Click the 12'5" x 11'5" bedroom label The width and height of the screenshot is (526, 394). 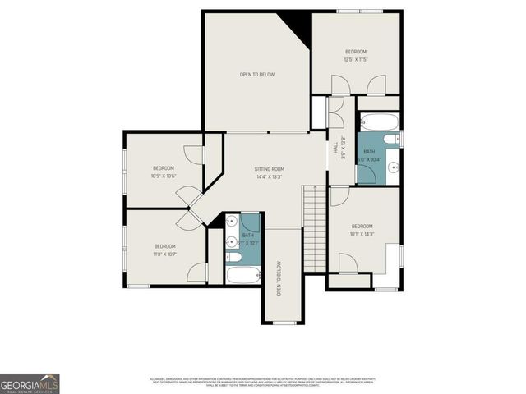pos(355,55)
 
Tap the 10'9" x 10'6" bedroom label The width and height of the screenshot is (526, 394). pos(163,172)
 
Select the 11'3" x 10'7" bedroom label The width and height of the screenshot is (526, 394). pos(165,250)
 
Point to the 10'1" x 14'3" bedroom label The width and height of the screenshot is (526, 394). pos(362,230)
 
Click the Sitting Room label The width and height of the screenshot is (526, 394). pos(269,172)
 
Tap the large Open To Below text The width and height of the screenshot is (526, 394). pos(256,75)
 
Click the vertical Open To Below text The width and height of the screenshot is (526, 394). pos(279,278)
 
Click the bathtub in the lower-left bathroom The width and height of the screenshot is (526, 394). pos(243,274)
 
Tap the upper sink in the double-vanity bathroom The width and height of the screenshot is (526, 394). pos(232,222)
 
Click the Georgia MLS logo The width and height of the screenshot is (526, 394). pos(30,384)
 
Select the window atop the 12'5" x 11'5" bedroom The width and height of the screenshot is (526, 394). pos(358,11)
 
